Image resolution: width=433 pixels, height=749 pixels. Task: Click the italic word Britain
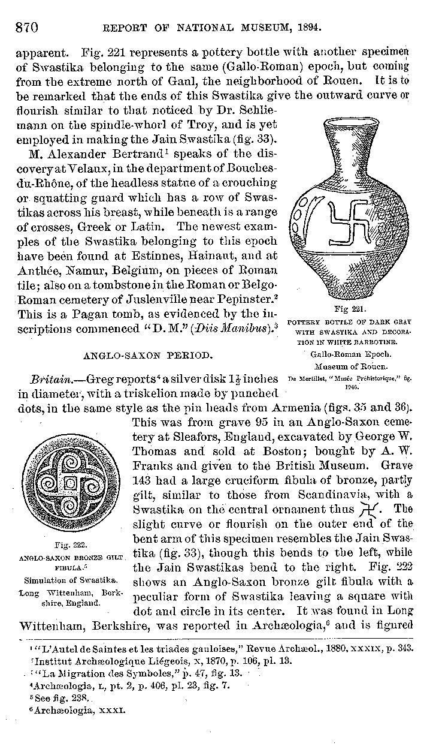coord(48,379)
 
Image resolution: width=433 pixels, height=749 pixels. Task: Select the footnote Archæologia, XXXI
coord(78,711)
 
